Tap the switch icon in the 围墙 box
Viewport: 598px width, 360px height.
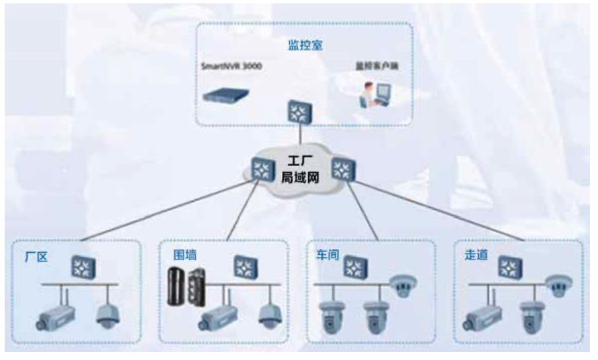click(243, 266)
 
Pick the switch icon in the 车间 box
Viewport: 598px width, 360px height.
click(359, 266)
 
